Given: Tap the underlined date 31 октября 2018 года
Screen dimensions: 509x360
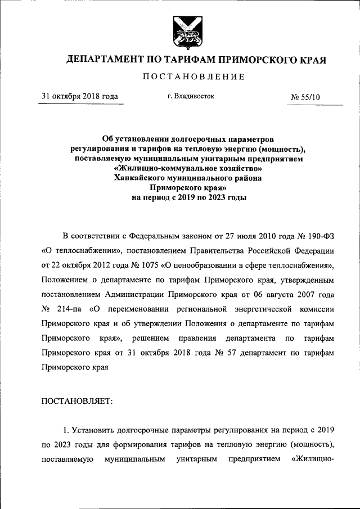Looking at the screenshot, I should [x=80, y=96].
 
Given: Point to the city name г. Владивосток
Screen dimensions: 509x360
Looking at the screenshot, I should [x=191, y=96].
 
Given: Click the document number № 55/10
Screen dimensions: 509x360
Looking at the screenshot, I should [x=305, y=97].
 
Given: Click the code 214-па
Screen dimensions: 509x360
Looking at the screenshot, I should [x=71, y=309].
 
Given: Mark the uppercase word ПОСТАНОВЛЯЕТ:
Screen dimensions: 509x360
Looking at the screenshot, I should [x=77, y=400].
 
